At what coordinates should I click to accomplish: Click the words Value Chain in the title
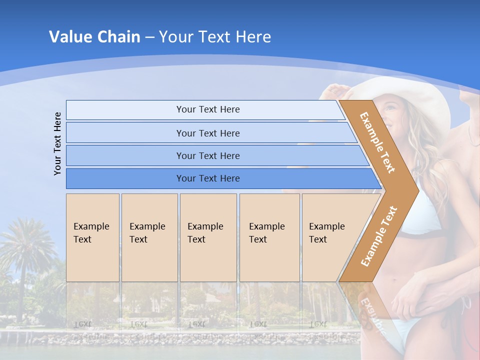pyautogui.click(x=94, y=37)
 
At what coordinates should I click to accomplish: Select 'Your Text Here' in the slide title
pyautogui.click(x=215, y=37)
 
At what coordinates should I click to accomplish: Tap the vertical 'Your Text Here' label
pyautogui.click(x=58, y=143)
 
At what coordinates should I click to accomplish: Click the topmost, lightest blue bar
pyautogui.click(x=205, y=109)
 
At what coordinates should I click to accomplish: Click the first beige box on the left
pyautogui.click(x=92, y=237)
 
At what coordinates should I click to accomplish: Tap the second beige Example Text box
pyautogui.click(x=149, y=237)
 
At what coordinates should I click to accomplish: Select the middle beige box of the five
pyautogui.click(x=208, y=237)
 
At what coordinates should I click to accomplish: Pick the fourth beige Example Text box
pyautogui.click(x=269, y=237)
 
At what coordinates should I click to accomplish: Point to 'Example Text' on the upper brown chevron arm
pyautogui.click(x=377, y=142)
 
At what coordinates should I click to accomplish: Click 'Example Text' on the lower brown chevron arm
pyautogui.click(x=379, y=236)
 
